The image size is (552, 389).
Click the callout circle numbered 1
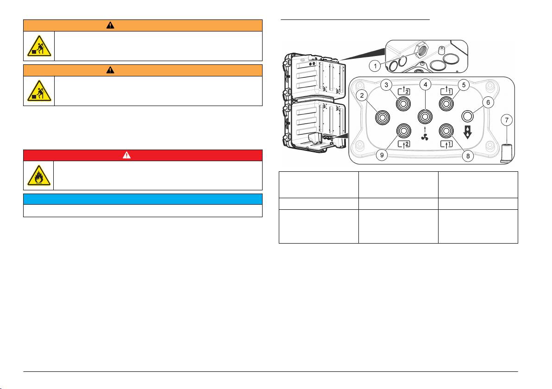point(375,66)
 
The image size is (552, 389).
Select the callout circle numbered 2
point(362,95)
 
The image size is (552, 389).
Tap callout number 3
point(387,85)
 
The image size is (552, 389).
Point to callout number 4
point(426,84)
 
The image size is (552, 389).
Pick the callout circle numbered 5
point(464,85)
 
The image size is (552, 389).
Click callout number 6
point(488,102)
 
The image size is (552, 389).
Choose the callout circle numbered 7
point(507,120)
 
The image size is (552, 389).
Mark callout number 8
point(468,156)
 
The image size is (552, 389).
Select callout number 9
point(382,155)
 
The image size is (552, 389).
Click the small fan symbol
point(425,137)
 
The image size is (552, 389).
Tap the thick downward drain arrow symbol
point(467,132)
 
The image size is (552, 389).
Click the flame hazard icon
point(39,176)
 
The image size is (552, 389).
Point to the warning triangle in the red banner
point(127,155)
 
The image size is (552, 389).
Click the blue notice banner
point(143,199)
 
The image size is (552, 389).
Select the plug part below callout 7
point(506,153)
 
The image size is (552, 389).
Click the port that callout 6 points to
point(467,116)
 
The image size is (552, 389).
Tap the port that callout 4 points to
point(425,116)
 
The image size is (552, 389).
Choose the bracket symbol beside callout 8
point(446,144)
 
